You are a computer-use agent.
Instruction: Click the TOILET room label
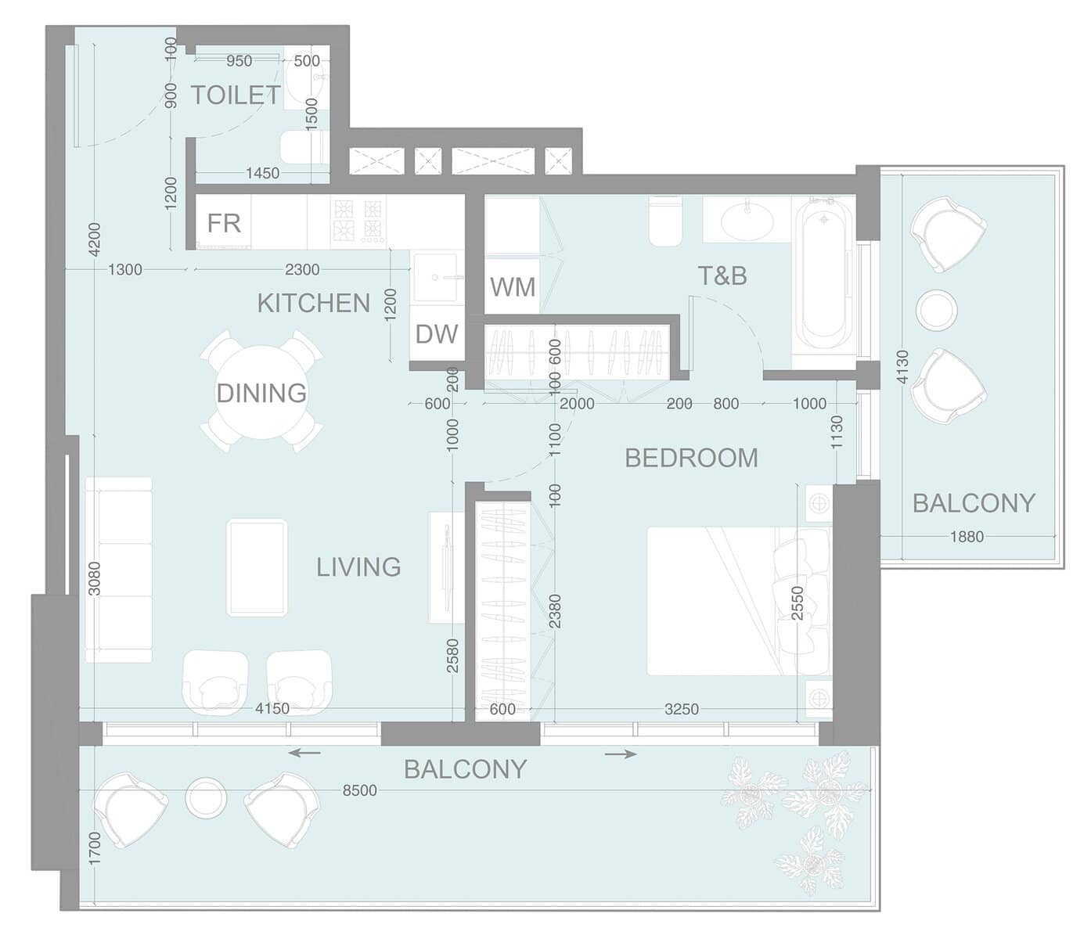pos(236,95)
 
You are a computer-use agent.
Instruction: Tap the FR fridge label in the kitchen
pos(225,223)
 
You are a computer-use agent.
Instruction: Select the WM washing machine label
pos(513,287)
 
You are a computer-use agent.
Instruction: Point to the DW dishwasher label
pos(437,334)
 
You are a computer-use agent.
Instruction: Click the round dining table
pos(261,392)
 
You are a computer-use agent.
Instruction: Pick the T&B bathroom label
pos(722,275)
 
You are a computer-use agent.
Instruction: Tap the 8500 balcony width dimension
pos(359,790)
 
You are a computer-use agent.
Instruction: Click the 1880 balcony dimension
pos(967,537)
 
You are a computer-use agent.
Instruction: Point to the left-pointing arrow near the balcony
pos(304,753)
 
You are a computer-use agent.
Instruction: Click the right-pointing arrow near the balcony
pos(620,754)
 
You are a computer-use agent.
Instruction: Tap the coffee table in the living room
pos(257,567)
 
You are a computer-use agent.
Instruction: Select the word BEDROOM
pos(691,458)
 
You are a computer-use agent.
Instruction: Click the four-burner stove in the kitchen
pos(358,221)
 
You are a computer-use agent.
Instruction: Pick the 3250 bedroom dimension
pos(682,709)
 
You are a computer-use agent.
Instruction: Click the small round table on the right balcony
pos(936,310)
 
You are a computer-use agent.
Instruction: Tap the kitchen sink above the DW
pos(435,277)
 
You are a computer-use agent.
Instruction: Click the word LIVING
pos(358,567)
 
